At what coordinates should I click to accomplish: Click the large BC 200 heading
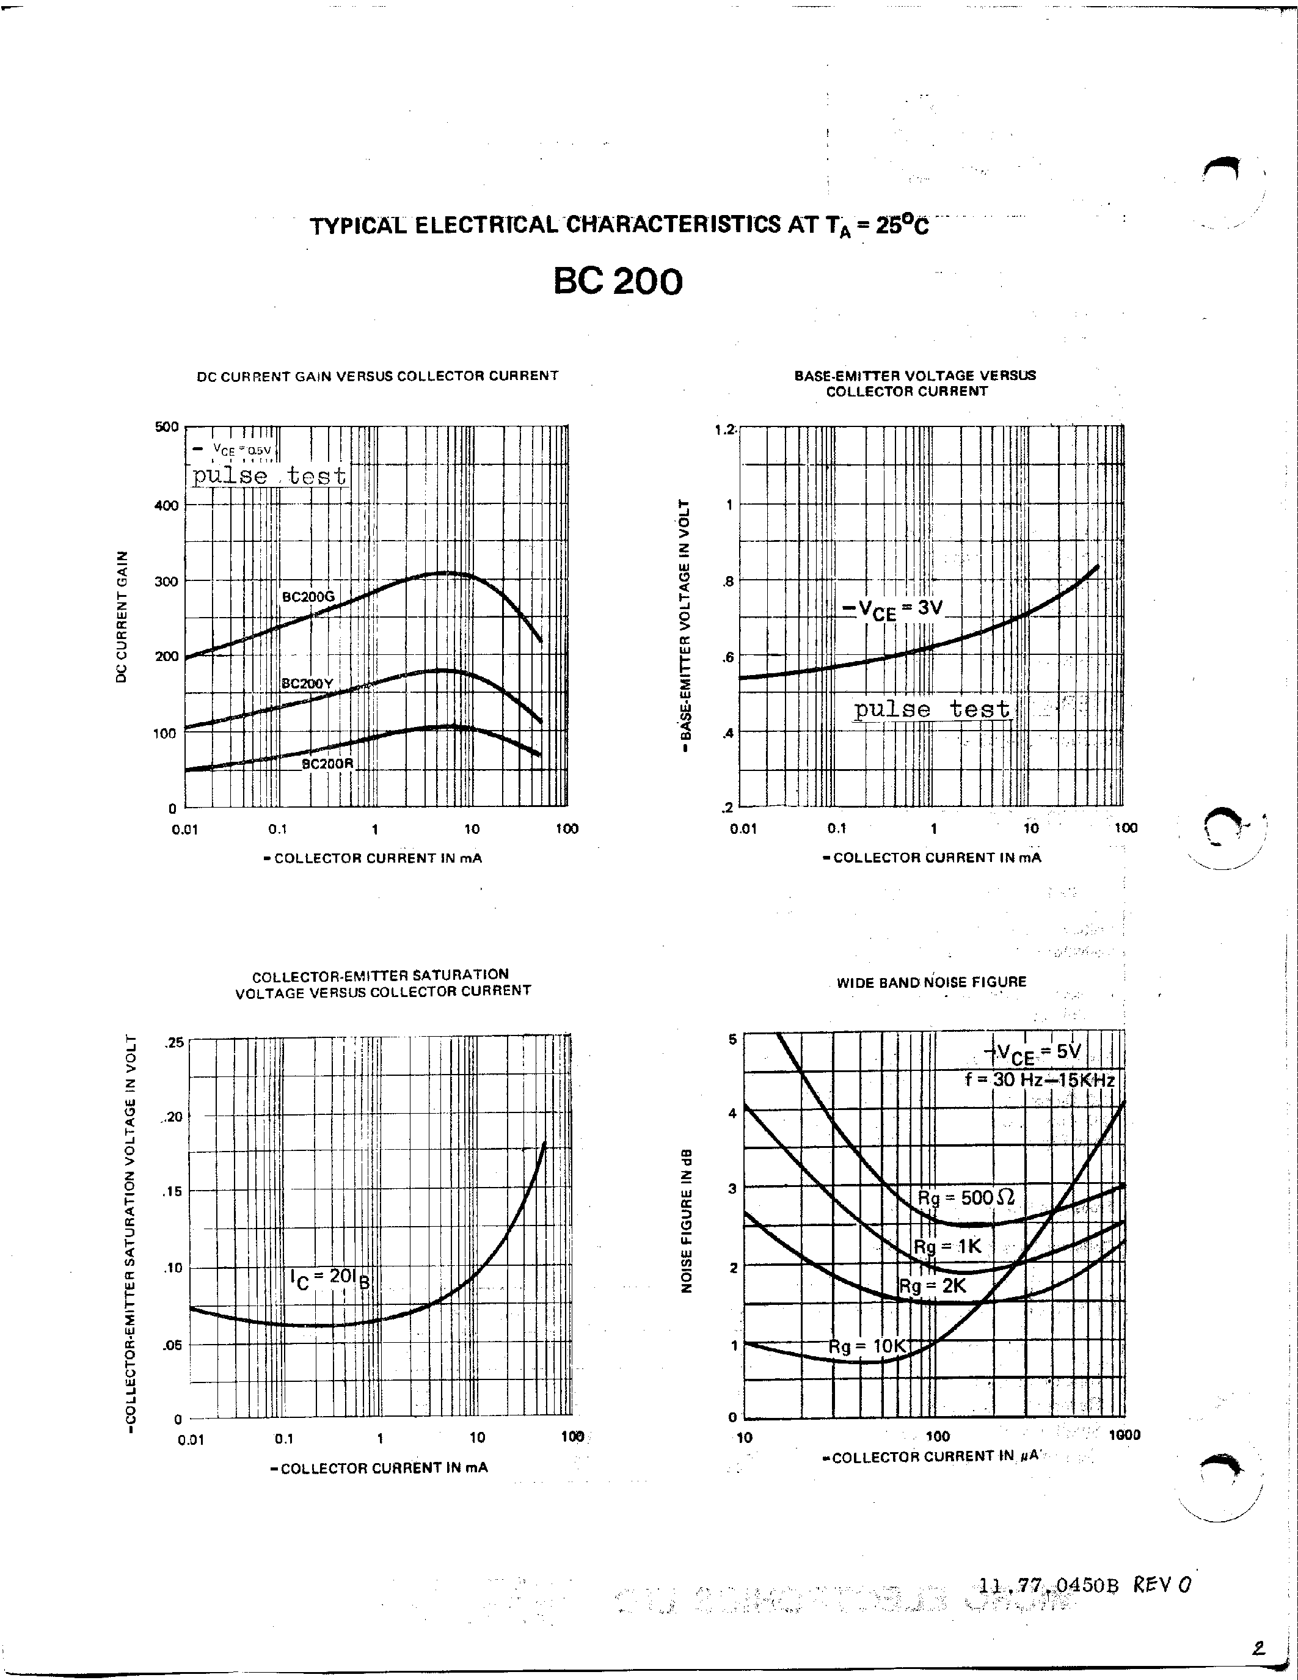coord(618,282)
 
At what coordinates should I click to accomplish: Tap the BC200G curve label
coord(308,596)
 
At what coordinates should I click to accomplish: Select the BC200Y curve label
coord(307,683)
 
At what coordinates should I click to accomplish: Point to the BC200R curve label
coord(327,764)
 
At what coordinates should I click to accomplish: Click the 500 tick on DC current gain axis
coord(167,427)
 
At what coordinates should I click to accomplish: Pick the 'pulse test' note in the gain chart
coord(269,476)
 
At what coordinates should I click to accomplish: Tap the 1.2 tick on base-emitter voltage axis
coord(725,429)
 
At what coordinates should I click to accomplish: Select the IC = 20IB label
coord(330,1279)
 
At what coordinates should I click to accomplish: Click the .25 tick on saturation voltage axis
coord(175,1042)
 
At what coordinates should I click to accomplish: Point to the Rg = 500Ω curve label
coord(966,1197)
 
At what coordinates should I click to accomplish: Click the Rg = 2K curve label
coord(932,1285)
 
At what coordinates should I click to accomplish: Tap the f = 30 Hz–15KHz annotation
coord(1040,1080)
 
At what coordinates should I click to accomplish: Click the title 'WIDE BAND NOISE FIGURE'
coord(932,982)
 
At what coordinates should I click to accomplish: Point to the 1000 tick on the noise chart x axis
coord(1124,1434)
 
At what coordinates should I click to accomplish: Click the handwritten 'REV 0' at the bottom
coord(1162,1584)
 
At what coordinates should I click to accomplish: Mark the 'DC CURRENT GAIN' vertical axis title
coord(121,617)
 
